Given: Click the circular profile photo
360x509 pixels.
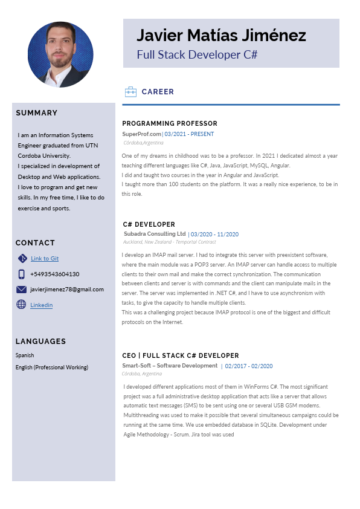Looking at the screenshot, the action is click(x=60, y=54).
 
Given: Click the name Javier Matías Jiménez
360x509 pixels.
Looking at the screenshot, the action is click(x=221, y=35).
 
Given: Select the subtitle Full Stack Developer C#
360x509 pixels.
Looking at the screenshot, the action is click(x=197, y=54).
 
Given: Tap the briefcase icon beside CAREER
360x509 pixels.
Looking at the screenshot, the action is click(x=130, y=92).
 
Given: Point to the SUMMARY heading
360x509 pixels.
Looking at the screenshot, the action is click(x=37, y=113).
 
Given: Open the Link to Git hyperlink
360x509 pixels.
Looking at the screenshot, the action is click(x=45, y=259).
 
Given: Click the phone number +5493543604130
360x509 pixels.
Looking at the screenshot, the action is click(x=54, y=274).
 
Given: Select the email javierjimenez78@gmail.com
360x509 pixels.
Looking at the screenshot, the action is click(x=66, y=290).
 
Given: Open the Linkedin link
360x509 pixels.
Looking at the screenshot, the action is click(x=41, y=305).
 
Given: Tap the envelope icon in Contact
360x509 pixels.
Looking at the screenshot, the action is click(x=22, y=290).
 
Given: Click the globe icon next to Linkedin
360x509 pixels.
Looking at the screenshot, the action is click(x=22, y=305).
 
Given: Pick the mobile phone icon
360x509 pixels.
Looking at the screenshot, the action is click(x=22, y=274).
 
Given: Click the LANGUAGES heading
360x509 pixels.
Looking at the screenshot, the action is click(x=40, y=342).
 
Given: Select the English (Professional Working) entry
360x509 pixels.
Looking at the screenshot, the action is click(x=52, y=368).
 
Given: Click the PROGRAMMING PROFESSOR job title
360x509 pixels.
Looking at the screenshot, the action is click(x=170, y=123).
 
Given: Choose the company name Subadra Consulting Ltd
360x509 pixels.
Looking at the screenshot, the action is click(x=155, y=234).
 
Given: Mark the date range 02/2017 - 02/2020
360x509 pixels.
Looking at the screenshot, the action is click(x=249, y=366).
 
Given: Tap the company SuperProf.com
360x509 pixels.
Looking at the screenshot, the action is click(x=142, y=134).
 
